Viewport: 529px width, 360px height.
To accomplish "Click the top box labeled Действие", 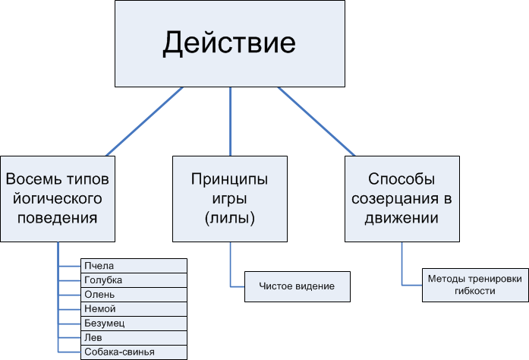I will [230, 43].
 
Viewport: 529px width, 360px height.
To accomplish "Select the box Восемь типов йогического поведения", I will [58, 199].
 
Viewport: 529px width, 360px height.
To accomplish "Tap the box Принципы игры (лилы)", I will [230, 199].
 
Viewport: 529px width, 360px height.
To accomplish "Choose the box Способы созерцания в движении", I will [402, 199].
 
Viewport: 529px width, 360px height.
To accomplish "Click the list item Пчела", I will [134, 266].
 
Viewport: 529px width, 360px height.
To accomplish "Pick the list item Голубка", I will [134, 280].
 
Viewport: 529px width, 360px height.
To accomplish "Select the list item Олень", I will [134, 295].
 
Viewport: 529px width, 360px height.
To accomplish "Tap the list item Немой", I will [134, 308].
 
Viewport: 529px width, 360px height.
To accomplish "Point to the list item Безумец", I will [134, 323].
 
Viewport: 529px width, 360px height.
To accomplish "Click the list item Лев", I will [134, 337].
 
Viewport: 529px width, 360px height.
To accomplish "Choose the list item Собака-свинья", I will [134, 352].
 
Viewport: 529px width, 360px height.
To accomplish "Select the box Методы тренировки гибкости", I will [474, 285].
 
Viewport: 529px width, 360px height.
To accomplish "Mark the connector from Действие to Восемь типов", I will [144, 122].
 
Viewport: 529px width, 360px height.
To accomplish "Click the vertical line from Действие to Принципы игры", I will [230, 122].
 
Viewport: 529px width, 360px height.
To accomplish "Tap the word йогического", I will [58, 199].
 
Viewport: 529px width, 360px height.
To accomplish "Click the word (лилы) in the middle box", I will [230, 218].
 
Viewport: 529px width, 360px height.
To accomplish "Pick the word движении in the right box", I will [402, 218].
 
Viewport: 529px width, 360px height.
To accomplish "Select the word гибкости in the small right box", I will [474, 291].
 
